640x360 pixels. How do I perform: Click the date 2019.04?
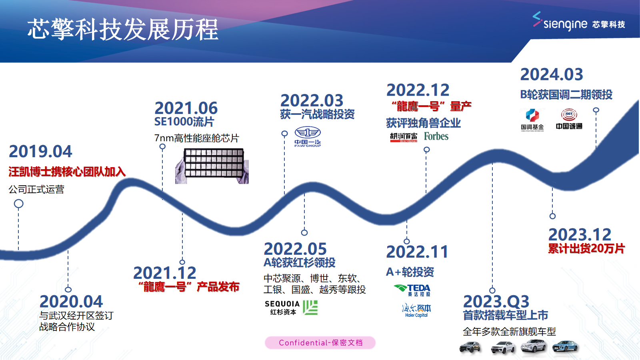click(x=40, y=152)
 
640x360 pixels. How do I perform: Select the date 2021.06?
click(x=186, y=108)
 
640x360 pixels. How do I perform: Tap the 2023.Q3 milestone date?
click(x=496, y=302)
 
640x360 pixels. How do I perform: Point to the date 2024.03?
click(x=552, y=74)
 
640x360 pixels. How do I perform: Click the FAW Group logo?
click(x=308, y=137)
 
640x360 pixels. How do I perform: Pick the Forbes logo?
click(x=436, y=136)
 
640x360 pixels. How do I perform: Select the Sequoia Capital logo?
click(x=291, y=308)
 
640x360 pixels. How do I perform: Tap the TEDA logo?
click(x=412, y=290)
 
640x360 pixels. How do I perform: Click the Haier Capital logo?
click(x=416, y=310)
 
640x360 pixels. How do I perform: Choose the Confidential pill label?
click(x=320, y=343)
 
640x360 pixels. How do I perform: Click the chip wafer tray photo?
click(x=212, y=166)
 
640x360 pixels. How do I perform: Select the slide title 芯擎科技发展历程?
click(x=123, y=30)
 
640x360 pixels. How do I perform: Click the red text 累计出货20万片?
click(x=586, y=248)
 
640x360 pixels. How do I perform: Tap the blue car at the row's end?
click(x=565, y=346)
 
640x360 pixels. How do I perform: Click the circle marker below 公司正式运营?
click(x=18, y=204)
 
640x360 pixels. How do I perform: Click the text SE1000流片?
click(x=184, y=122)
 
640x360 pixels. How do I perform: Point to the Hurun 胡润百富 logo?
click(x=404, y=137)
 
